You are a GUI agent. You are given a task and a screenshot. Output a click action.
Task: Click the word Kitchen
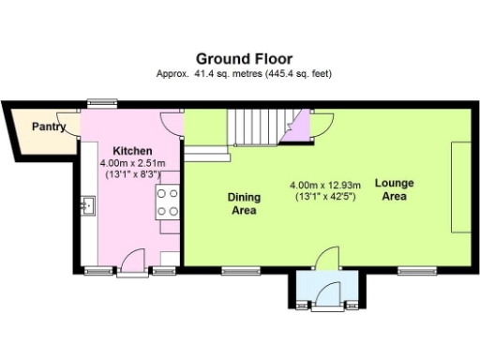132,151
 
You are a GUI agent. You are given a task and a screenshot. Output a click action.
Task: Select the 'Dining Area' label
244,204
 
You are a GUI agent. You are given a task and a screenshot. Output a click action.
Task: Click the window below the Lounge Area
409,271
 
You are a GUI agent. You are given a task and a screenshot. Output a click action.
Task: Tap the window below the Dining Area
234,271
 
